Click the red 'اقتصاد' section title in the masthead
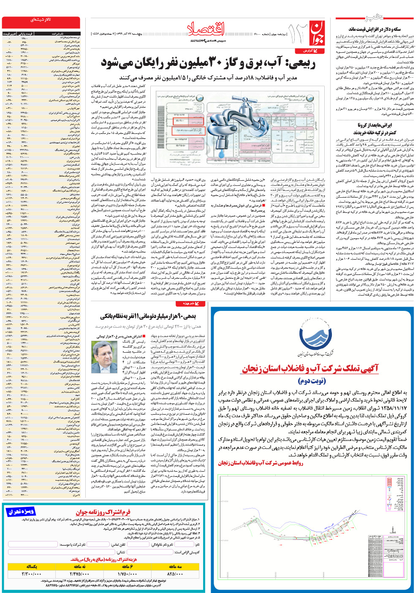[206, 29]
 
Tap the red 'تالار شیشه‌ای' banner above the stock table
[41, 20]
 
